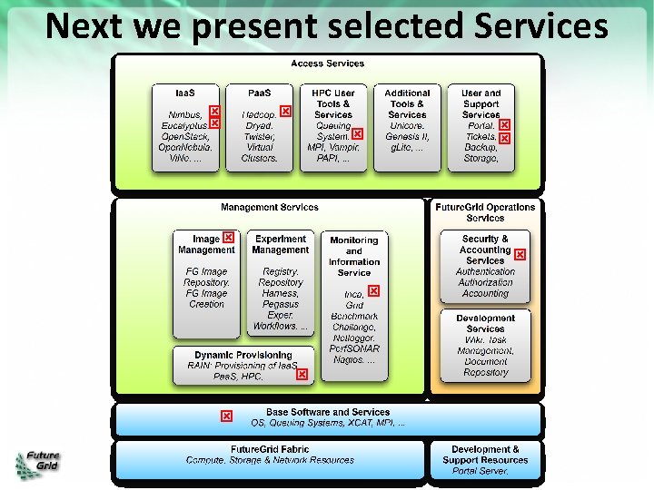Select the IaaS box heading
pyautogui.click(x=184, y=93)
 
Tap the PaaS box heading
pyautogui.click(x=259, y=93)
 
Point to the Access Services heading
pyautogui.click(x=327, y=64)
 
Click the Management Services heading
pyautogui.click(x=269, y=208)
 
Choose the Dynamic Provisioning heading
pyautogui.click(x=243, y=355)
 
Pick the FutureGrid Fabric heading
pyautogui.click(x=270, y=449)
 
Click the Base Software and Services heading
pyautogui.click(x=328, y=412)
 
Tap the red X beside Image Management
pyautogui.click(x=229, y=238)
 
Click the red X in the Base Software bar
pyautogui.click(x=226, y=416)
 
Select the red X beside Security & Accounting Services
pyautogui.click(x=520, y=256)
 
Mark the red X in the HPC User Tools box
pyautogui.click(x=357, y=133)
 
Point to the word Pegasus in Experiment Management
pyautogui.click(x=280, y=304)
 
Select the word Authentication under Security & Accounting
pyautogui.click(x=485, y=271)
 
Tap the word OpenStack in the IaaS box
pyautogui.click(x=184, y=136)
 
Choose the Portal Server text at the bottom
pyautogui.click(x=481, y=471)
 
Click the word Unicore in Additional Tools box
pyautogui.click(x=407, y=125)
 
